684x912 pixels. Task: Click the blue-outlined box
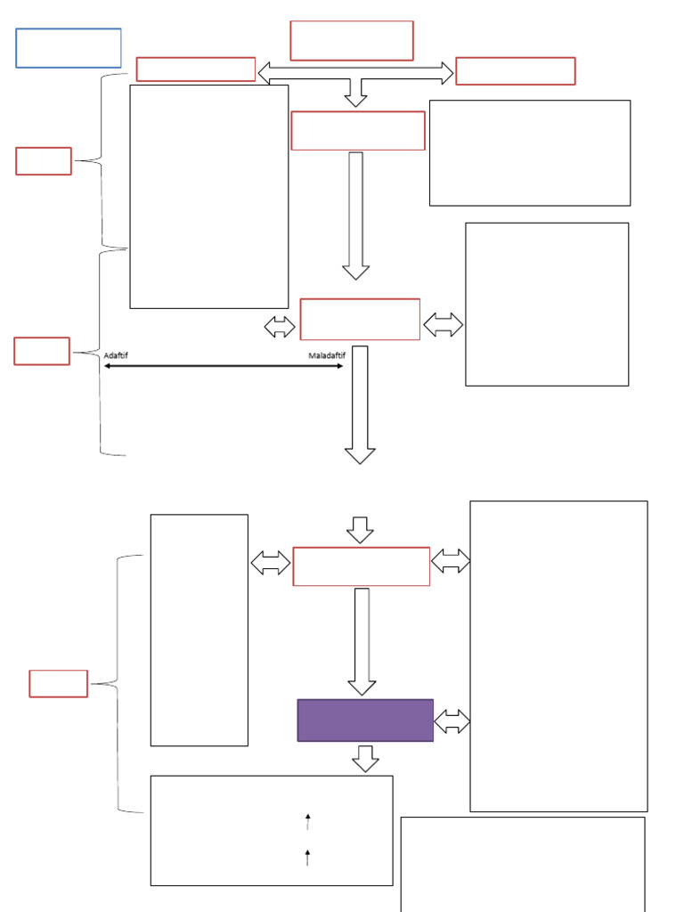tap(69, 48)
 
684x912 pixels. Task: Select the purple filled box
tap(365, 720)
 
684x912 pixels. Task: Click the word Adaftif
tap(116, 355)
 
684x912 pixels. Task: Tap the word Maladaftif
tap(324, 355)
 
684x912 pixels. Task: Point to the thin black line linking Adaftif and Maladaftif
tap(223, 366)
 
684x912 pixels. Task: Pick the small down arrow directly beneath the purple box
tap(365, 759)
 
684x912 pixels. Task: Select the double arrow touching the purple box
tap(452, 721)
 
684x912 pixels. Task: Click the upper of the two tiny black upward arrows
tap(308, 820)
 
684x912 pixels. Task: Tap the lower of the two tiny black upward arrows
tap(308, 858)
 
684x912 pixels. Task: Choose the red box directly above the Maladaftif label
tap(360, 319)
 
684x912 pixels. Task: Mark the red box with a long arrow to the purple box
tap(361, 566)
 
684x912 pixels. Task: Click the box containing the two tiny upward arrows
tap(271, 830)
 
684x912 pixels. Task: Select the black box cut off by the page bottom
tap(523, 864)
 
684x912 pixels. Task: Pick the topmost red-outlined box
tap(352, 40)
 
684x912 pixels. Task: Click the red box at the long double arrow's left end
tap(196, 69)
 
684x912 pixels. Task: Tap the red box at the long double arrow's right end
tap(515, 70)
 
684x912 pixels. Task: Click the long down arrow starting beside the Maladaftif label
tap(360, 404)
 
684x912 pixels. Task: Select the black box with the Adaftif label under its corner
tap(209, 197)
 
